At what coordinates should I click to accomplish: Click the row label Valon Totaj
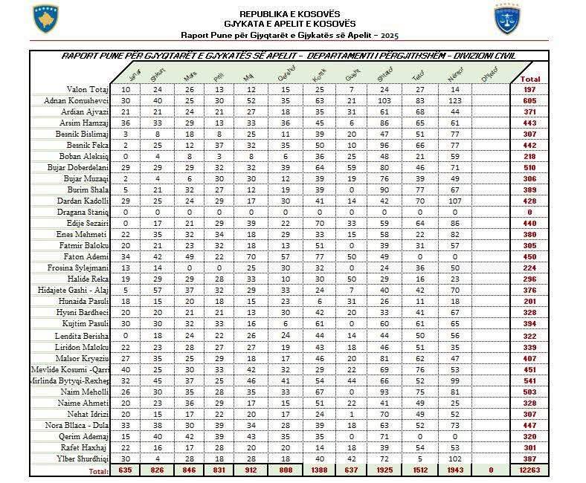(88, 89)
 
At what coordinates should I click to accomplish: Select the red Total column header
(530, 79)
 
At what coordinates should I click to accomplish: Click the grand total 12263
(530, 470)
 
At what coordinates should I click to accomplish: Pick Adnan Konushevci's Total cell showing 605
(530, 100)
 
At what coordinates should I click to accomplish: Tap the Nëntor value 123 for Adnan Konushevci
(454, 100)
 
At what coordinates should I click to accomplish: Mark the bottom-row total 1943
(454, 470)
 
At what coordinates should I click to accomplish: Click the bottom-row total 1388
(320, 470)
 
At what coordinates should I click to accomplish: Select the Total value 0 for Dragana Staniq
(530, 212)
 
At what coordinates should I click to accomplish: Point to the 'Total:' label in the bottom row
(99, 470)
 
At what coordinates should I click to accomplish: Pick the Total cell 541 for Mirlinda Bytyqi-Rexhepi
(530, 379)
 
